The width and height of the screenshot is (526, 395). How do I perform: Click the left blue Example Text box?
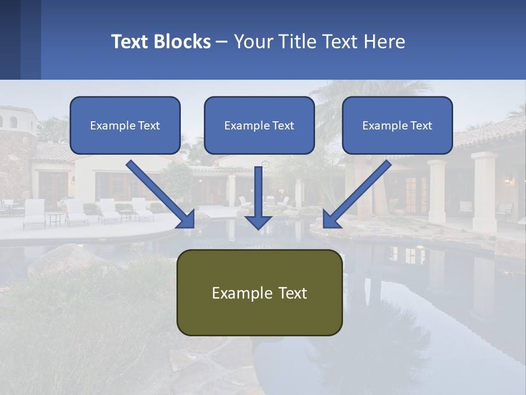[125, 125]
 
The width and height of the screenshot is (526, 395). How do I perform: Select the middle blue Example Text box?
[259, 125]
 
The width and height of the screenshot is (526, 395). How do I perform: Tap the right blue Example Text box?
[397, 125]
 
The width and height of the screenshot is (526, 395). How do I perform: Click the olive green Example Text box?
[259, 292]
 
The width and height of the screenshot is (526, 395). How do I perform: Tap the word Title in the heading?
[296, 42]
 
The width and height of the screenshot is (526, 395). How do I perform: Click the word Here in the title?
[384, 42]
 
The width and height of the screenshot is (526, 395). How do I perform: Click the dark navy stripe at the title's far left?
[10, 39]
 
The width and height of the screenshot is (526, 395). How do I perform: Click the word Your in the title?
[252, 42]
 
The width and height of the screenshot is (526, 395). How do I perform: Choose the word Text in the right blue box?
[421, 125]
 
